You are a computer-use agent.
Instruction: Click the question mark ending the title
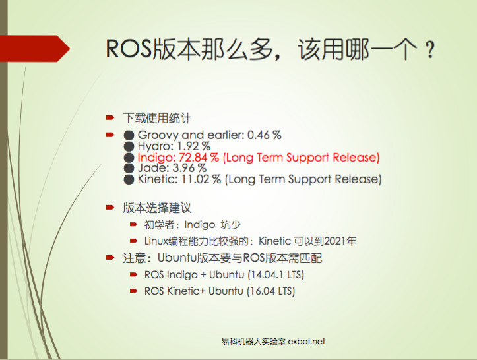(430, 51)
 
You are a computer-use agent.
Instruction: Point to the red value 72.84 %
(199, 158)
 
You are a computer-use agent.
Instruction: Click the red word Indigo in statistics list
(156, 158)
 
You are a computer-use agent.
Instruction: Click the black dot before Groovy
(129, 135)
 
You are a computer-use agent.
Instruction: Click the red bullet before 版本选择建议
(110, 208)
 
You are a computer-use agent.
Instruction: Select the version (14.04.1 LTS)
(275, 274)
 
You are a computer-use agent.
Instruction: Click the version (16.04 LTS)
(270, 291)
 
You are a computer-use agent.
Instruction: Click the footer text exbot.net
(307, 342)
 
